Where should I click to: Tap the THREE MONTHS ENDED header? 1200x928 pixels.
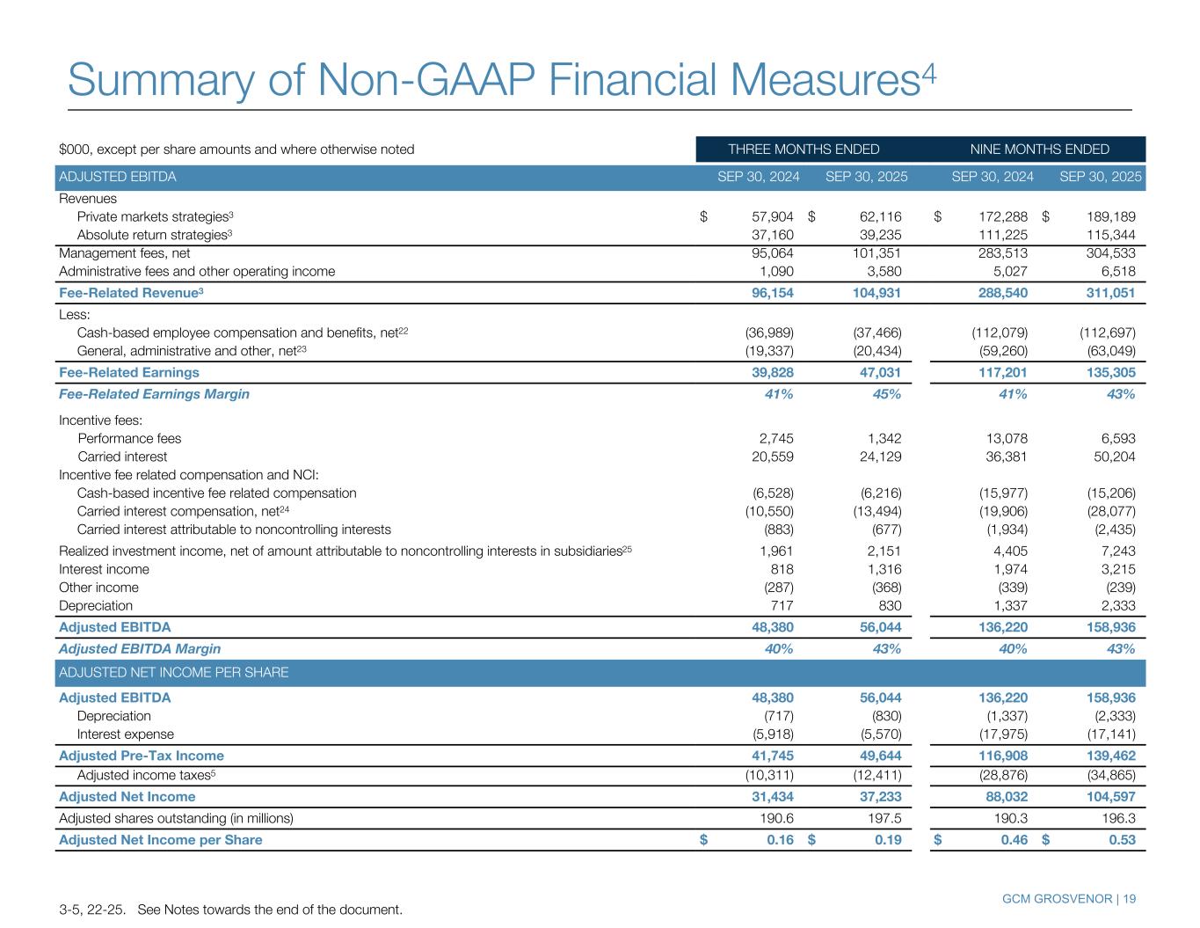[804, 150]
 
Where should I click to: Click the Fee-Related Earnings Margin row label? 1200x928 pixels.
[154, 394]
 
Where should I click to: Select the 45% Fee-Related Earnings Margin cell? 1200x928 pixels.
[885, 394]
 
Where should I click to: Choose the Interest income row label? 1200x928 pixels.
[98, 569]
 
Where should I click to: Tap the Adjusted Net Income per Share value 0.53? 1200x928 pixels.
[1121, 839]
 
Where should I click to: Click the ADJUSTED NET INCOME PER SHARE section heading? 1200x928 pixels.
[174, 673]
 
